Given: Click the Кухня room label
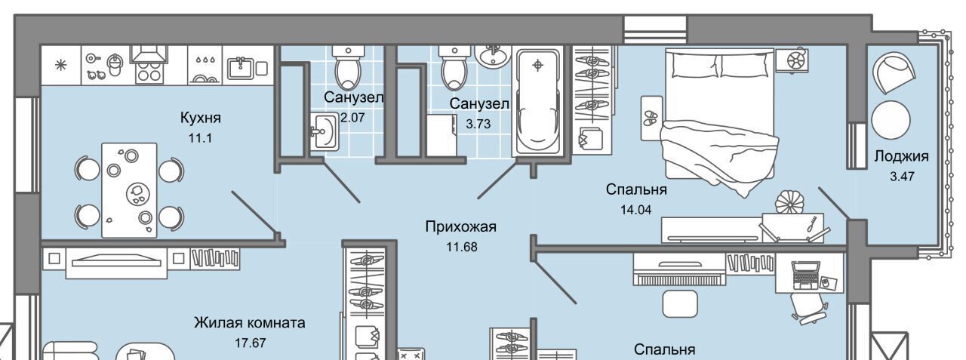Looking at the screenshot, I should tap(200, 118).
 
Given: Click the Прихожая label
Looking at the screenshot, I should tap(461, 226).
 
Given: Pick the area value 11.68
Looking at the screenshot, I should tap(461, 245).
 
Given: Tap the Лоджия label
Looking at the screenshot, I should tap(901, 157).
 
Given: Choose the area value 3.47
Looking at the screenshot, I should tap(901, 176).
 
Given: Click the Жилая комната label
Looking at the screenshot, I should tap(250, 324).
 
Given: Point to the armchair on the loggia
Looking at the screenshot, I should tap(894, 73).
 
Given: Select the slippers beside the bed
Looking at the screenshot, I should tap(651, 118).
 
